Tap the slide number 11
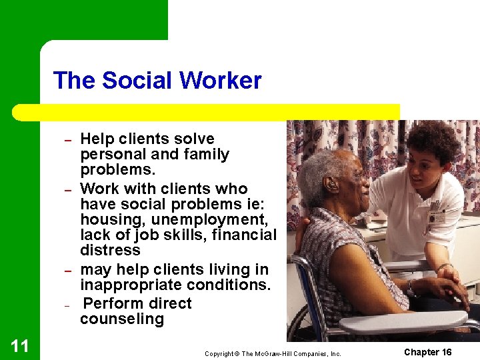coord(19,345)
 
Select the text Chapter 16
coord(427,352)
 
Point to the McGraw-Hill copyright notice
coord(273,353)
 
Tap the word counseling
coord(122,319)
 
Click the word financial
coord(243,235)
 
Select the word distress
coord(110,250)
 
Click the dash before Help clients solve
coord(67,141)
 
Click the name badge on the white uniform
coord(437,217)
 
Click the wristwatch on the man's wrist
coord(413,288)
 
